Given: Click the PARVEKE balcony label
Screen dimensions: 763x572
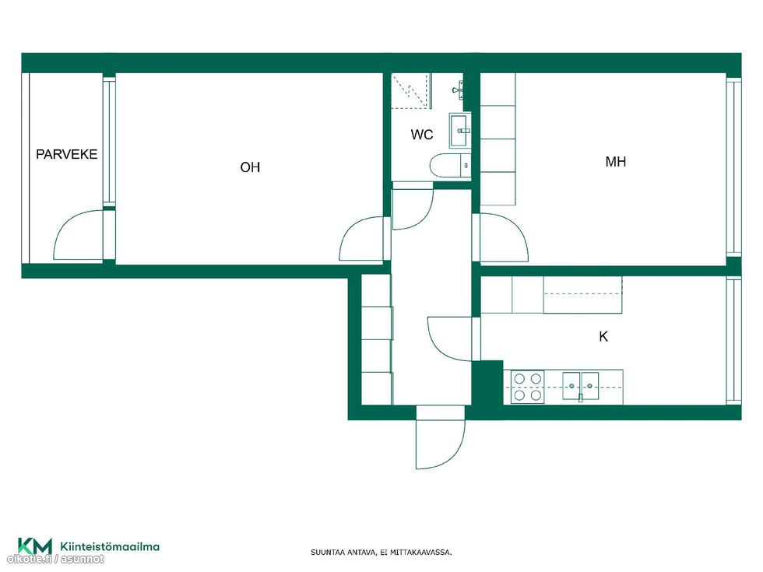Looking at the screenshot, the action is click(67, 154).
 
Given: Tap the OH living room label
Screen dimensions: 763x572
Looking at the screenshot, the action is click(250, 167).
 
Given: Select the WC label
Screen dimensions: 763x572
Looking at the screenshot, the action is click(422, 134).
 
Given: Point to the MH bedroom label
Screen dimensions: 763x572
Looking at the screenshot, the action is click(616, 162).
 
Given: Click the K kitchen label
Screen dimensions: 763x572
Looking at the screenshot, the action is click(603, 336).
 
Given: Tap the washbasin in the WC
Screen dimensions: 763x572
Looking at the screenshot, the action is click(459, 131).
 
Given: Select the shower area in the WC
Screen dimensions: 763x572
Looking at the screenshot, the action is click(411, 91).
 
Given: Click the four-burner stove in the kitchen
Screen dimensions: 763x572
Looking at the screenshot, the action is click(528, 387).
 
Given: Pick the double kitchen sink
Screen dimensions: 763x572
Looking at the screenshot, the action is click(581, 386).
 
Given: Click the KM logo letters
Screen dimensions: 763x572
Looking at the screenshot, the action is click(35, 546).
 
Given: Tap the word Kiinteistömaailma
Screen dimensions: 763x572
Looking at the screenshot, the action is click(110, 546).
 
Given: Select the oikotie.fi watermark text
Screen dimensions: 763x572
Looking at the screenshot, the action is click(55, 560).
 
